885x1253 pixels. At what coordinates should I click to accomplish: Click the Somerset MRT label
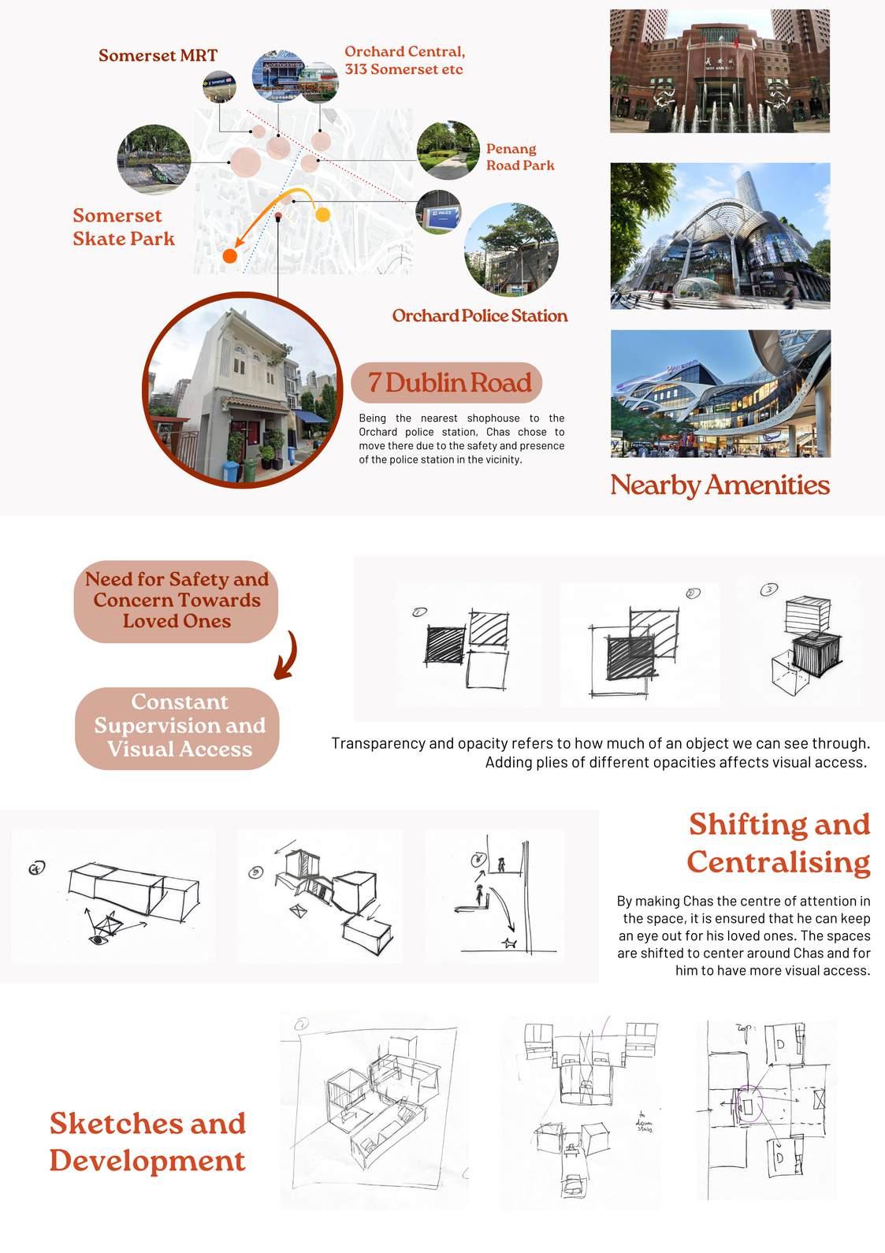tap(158, 55)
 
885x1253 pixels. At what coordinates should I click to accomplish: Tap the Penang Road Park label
tap(520, 157)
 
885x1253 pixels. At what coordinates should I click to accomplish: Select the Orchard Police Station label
tap(479, 316)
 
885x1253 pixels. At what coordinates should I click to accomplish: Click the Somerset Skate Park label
tap(124, 227)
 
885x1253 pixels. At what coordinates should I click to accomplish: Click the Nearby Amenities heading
tap(720, 485)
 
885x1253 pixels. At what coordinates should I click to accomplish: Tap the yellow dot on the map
tap(322, 214)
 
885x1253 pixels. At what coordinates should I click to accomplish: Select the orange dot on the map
tap(229, 256)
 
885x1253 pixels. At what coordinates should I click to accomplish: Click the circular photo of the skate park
tap(154, 158)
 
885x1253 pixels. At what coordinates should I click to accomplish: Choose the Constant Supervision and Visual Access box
tap(178, 726)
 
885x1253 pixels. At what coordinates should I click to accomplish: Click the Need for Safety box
tap(177, 600)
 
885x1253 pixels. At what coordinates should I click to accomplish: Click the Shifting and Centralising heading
tap(779, 842)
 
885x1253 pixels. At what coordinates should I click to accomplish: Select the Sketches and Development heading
tap(147, 1142)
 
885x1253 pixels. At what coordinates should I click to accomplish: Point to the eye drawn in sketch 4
tap(99, 939)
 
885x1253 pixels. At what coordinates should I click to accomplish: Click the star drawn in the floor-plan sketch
tap(510, 943)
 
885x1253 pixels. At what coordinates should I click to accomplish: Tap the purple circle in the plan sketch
tap(747, 1103)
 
